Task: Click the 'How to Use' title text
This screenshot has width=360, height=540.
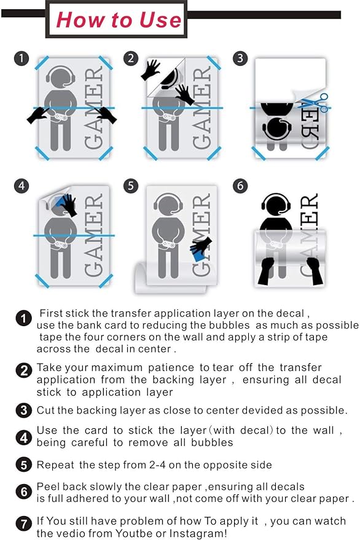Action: tap(119, 20)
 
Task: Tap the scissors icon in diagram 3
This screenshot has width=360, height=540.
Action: tap(314, 103)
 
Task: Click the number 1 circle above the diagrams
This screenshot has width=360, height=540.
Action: tap(21, 58)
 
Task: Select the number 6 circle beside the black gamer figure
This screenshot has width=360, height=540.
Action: tap(240, 186)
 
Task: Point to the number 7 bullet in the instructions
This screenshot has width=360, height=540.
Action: tap(24, 524)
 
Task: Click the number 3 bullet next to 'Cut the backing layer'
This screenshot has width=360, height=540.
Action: tap(24, 410)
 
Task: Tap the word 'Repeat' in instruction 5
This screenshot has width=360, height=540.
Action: tap(55, 465)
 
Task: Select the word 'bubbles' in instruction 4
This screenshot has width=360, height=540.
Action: tap(212, 442)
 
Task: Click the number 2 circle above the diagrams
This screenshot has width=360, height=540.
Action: tap(131, 58)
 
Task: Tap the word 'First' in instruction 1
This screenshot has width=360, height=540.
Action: tap(51, 313)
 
